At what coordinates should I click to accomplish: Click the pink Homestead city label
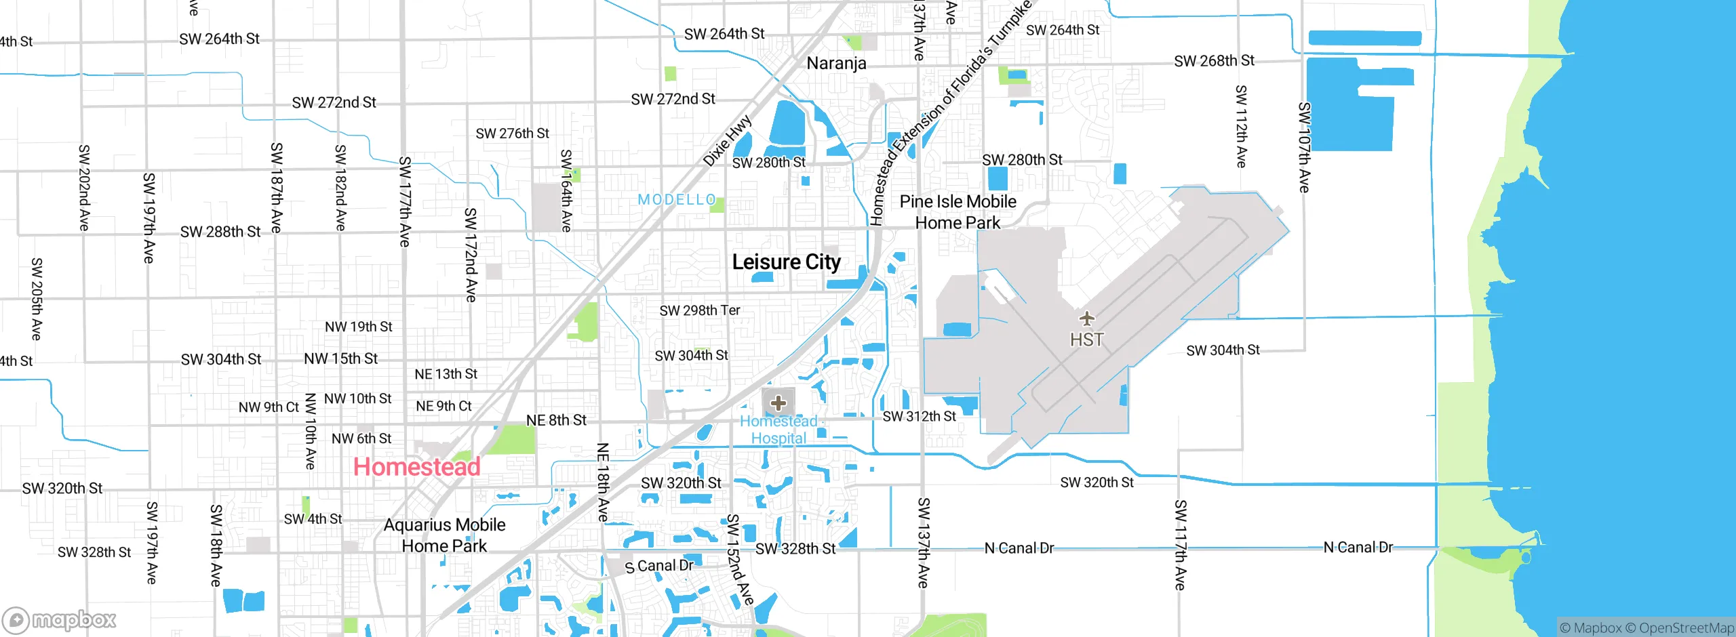416,467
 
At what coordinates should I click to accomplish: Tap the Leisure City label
786,262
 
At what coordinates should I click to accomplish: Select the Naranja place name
836,64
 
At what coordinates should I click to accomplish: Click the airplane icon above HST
1086,318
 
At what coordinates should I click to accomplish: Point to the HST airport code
1086,340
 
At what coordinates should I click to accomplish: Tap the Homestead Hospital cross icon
778,403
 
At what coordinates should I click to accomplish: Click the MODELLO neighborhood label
677,200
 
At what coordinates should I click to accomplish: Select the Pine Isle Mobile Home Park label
958,212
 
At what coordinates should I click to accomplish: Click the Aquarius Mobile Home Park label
444,535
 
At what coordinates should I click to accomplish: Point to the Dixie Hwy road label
727,141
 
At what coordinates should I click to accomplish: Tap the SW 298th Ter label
699,311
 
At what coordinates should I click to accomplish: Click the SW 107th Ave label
1304,148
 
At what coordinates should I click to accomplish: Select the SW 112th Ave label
1241,127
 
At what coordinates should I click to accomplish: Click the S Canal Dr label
659,566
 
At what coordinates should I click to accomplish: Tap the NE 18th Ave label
603,482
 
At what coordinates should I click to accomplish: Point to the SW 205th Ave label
37,299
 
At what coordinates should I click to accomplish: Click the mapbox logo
60,620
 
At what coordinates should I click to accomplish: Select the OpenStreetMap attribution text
1686,628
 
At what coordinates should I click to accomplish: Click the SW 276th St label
512,133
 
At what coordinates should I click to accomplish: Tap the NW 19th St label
358,327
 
